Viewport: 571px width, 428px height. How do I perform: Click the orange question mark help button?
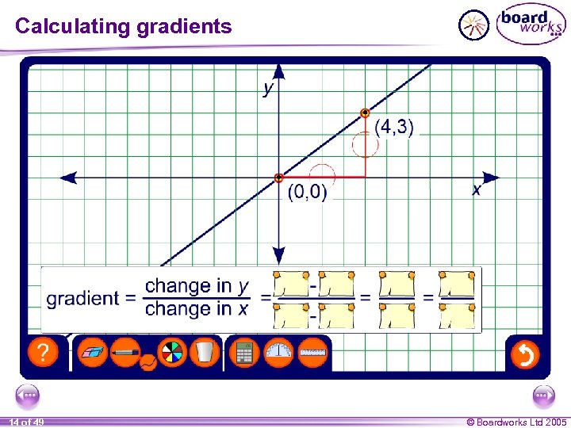coord(43,353)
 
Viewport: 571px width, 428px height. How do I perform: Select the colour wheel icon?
coord(171,352)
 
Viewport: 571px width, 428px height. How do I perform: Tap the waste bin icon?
coord(204,352)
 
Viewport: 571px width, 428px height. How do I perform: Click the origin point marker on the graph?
coord(278,178)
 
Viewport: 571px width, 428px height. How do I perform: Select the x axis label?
coord(476,190)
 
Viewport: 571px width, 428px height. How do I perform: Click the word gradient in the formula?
coord(82,298)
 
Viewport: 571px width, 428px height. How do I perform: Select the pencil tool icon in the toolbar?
coord(125,352)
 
